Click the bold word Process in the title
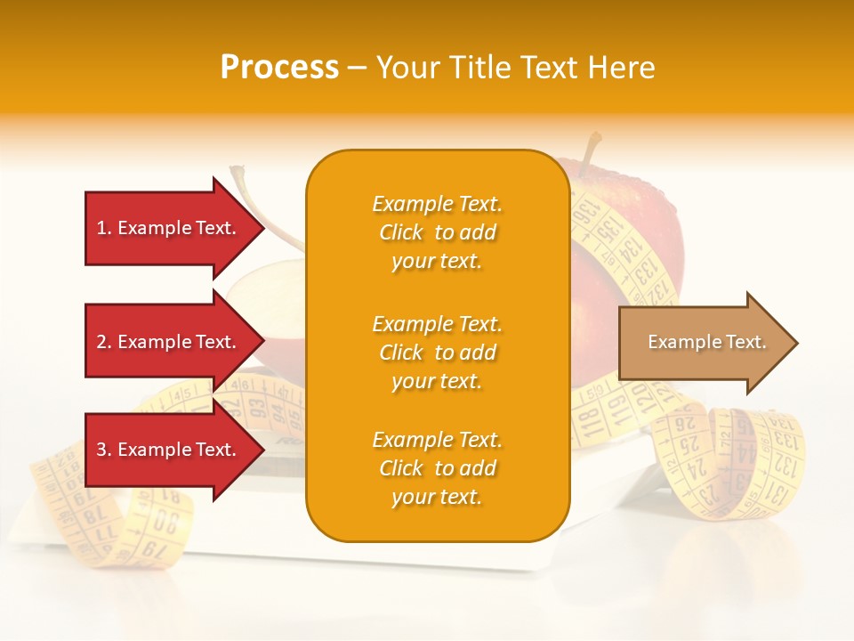[279, 68]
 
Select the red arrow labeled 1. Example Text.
[169, 228]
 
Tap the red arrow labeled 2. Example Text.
[169, 342]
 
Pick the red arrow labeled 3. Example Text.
[169, 450]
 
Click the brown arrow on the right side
[703, 343]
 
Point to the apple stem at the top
[589, 151]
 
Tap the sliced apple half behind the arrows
[267, 298]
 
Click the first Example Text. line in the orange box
[437, 204]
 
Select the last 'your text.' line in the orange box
[437, 497]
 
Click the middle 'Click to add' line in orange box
[437, 353]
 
